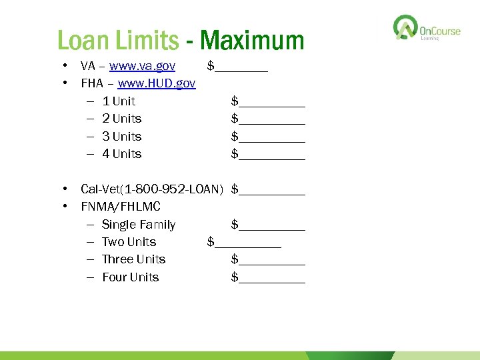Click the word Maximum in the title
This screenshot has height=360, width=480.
tap(252, 41)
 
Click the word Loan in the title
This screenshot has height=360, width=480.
tap(83, 41)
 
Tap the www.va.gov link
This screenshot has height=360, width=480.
tap(142, 66)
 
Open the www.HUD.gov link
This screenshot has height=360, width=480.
tap(157, 83)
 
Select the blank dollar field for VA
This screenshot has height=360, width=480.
tap(241, 67)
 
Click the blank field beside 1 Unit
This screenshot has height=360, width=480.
tap(271, 102)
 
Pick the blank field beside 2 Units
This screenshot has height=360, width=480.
tap(271, 119)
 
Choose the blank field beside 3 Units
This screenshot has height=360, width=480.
tap(271, 137)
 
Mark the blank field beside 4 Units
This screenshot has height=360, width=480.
tap(271, 155)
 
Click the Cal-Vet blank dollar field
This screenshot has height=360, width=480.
tap(271, 190)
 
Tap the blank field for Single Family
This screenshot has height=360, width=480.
tap(271, 225)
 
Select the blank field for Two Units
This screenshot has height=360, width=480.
tap(247, 243)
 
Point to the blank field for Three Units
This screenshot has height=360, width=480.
tap(271, 260)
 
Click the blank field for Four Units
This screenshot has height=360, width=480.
tap(271, 278)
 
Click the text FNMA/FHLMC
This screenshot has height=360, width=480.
tap(121, 207)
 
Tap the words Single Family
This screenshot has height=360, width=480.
tap(139, 225)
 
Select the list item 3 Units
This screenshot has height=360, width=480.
tap(122, 137)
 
